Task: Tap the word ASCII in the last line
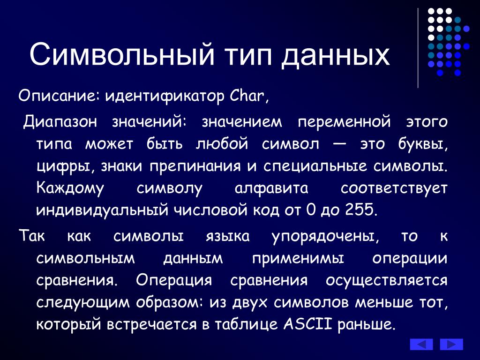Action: (x=307, y=324)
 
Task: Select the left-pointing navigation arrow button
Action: (x=421, y=344)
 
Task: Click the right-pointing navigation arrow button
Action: (x=451, y=344)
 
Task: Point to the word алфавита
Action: (x=271, y=188)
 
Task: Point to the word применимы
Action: (x=298, y=259)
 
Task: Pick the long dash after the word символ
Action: (x=339, y=144)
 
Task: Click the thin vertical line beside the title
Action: (x=418, y=48)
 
